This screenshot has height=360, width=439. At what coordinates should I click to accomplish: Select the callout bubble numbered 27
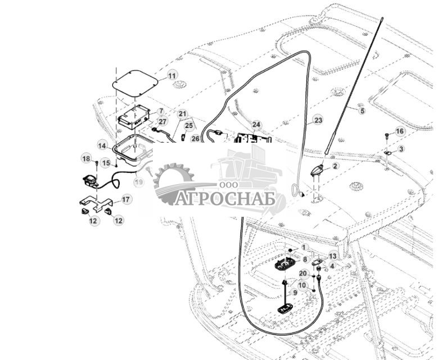[162, 121]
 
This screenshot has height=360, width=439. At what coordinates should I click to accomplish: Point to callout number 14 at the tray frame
[102, 145]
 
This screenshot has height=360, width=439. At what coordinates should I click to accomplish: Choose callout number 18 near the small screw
[86, 159]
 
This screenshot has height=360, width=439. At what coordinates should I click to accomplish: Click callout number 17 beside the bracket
[126, 199]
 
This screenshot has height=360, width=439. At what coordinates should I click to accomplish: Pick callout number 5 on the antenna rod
[362, 111]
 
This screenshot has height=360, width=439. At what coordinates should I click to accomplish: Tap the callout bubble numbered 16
[400, 131]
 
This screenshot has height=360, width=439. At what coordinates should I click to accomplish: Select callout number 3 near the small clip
[401, 149]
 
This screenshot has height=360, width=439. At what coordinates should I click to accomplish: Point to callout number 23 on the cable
[318, 120]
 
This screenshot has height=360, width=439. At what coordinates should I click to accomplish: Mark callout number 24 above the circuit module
[256, 124]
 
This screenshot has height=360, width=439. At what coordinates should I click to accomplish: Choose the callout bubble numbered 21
[182, 114]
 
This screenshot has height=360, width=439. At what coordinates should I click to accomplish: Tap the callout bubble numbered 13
[333, 256]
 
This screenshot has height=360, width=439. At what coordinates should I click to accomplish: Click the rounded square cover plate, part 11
[134, 82]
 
